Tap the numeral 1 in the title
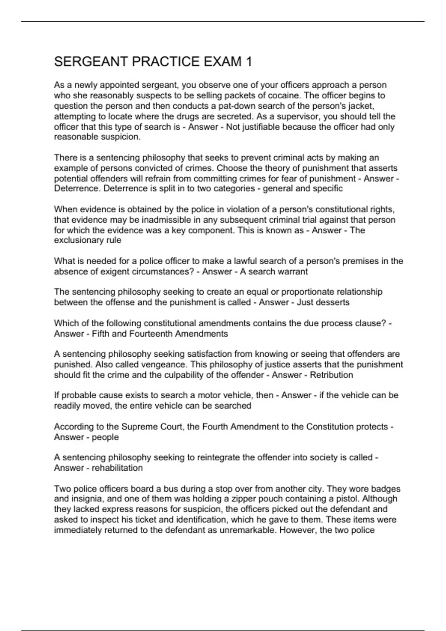coord(249,62)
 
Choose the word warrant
coord(293,271)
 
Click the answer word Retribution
coord(331,375)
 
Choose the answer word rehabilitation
coord(117,468)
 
